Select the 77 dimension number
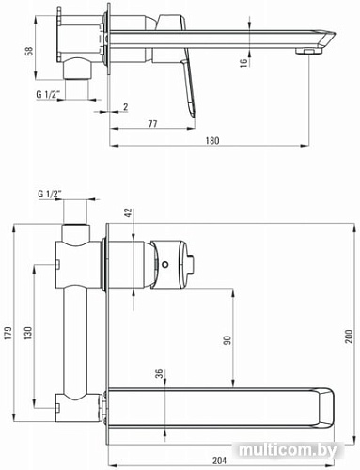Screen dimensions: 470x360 coord(150,123)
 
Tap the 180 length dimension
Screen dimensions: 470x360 coord(211,140)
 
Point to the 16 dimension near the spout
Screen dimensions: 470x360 coord(245,62)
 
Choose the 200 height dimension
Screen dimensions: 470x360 coord(349,335)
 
